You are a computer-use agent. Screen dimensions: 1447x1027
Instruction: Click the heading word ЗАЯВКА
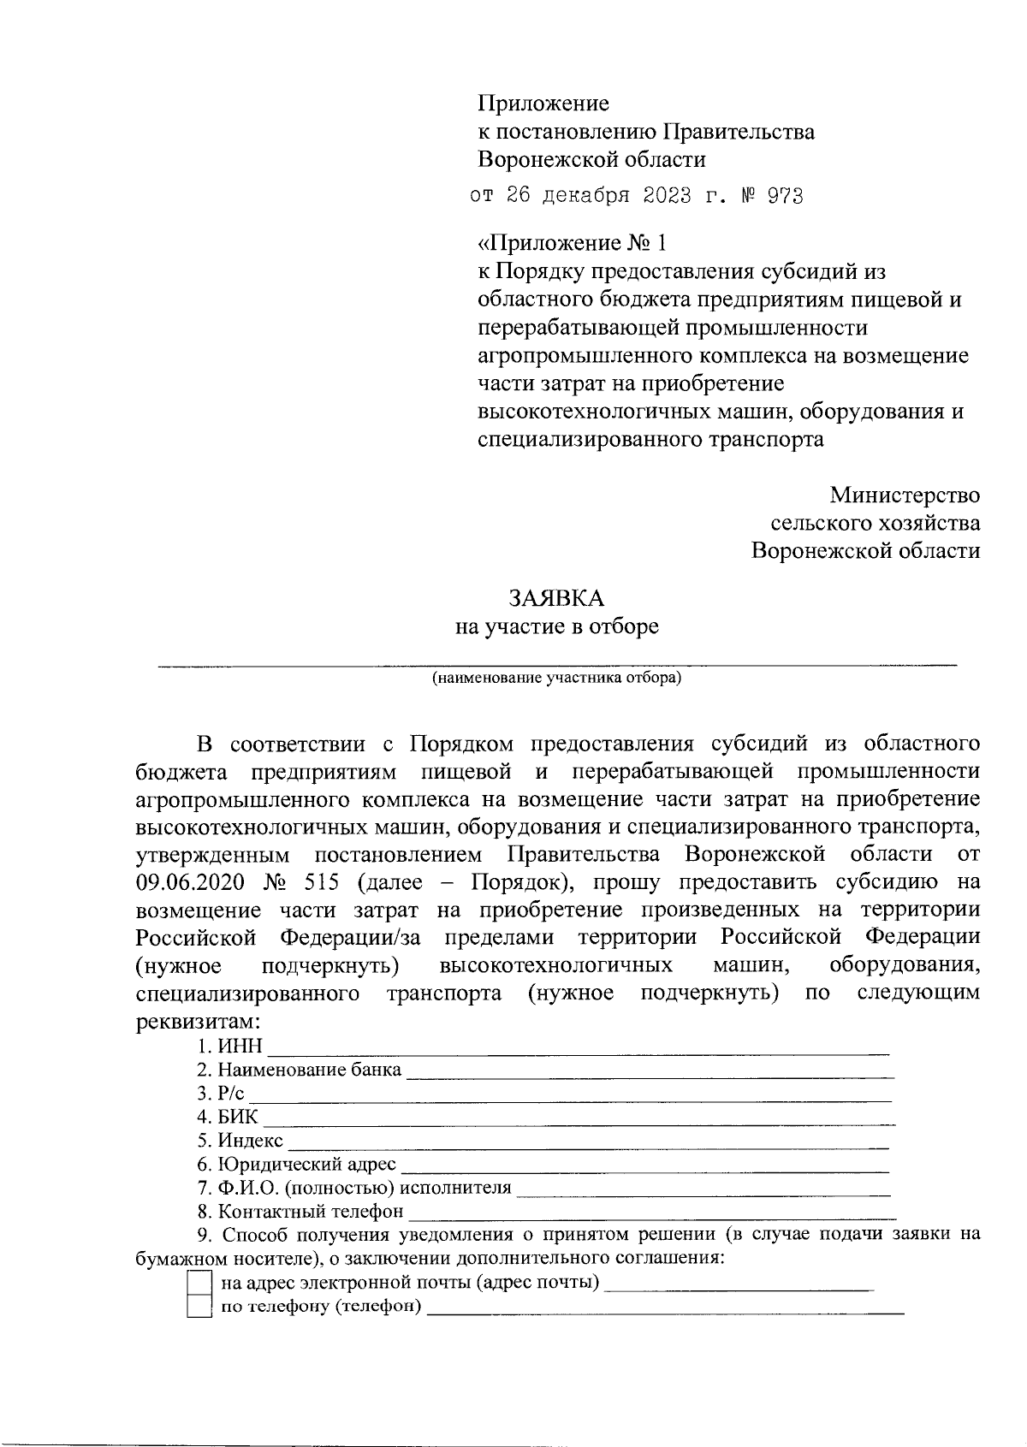point(556,598)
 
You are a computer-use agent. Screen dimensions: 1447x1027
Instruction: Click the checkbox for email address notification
point(199,1283)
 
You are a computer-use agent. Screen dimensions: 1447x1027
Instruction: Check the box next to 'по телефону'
point(199,1307)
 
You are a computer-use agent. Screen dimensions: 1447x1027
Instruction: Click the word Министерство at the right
point(904,495)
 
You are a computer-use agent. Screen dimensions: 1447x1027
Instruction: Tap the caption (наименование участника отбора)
point(556,679)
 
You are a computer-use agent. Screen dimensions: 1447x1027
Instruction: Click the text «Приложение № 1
point(571,244)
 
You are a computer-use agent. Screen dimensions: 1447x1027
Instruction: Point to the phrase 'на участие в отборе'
point(556,627)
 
